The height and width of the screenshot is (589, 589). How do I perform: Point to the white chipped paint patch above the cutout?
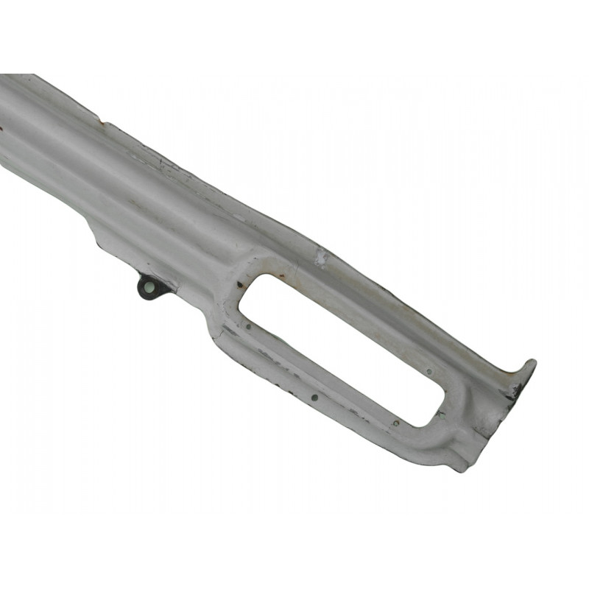coord(320,257)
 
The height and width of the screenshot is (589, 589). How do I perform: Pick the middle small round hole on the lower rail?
coord(314,397)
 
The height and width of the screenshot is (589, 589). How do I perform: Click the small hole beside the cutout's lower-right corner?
coord(396,423)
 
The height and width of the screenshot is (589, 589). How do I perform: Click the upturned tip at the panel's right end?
coord(529,365)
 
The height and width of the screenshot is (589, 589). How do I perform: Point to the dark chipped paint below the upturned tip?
coord(515,391)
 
